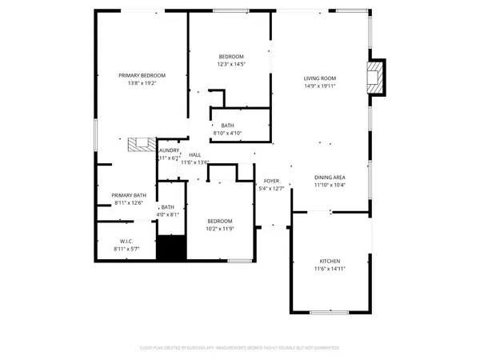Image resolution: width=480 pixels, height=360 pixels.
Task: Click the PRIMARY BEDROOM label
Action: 136,74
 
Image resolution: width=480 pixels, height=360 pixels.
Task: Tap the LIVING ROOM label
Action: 319,78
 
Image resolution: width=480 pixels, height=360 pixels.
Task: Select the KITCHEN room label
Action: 330,262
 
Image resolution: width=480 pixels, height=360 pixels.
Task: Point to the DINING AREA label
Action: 329,177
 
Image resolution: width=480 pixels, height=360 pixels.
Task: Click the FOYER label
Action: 272,181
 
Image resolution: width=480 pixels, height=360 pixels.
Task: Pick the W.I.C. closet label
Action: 126,242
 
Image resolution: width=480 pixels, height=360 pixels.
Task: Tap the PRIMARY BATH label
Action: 129,195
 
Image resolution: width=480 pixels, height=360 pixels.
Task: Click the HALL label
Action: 195,154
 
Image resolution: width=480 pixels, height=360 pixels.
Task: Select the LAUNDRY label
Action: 169,150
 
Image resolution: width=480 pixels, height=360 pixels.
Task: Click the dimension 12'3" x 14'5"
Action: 231,64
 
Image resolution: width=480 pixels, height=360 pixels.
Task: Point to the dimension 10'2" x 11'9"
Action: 220,230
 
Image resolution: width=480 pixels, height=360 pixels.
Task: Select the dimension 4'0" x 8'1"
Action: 168,214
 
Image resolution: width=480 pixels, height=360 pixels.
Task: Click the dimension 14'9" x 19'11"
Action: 319,86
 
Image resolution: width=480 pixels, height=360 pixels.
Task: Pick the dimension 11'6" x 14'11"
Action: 330,270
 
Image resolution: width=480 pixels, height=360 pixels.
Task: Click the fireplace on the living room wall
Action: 374,78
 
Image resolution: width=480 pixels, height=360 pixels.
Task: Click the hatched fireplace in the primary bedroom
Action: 142,144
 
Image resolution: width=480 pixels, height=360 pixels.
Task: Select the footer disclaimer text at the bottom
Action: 240,348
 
